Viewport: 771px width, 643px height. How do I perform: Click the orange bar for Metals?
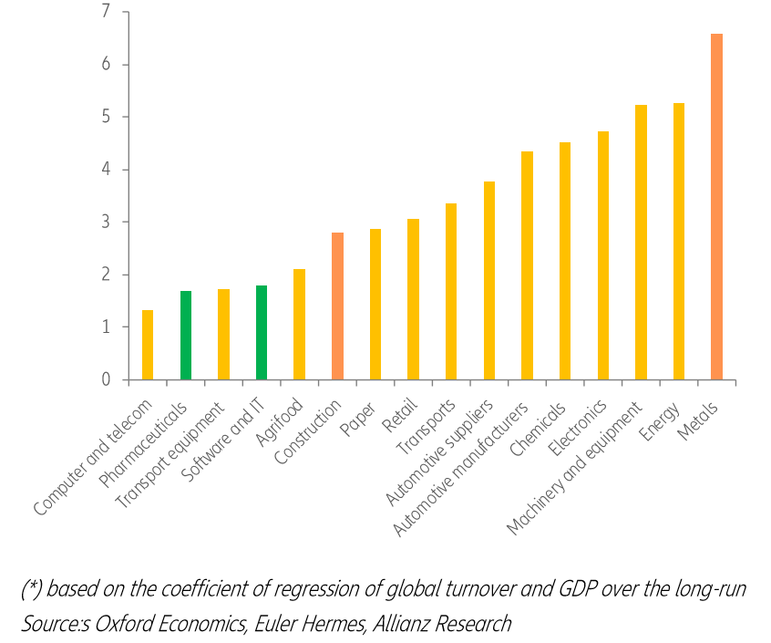pyautogui.click(x=716, y=206)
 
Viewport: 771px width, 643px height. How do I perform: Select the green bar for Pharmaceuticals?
pyautogui.click(x=185, y=335)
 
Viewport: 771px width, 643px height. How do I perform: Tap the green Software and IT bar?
pyautogui.click(x=262, y=332)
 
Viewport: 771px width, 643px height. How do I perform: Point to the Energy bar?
pyautogui.click(x=679, y=241)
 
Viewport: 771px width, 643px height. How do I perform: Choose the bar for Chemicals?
pyautogui.click(x=565, y=261)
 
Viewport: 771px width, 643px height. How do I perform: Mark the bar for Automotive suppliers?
pyautogui.click(x=489, y=280)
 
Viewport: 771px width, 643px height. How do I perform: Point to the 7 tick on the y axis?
pyautogui.click(x=105, y=12)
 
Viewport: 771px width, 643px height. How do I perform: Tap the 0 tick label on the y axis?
pyautogui.click(x=105, y=379)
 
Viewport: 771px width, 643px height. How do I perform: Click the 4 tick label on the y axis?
pyautogui.click(x=105, y=170)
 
